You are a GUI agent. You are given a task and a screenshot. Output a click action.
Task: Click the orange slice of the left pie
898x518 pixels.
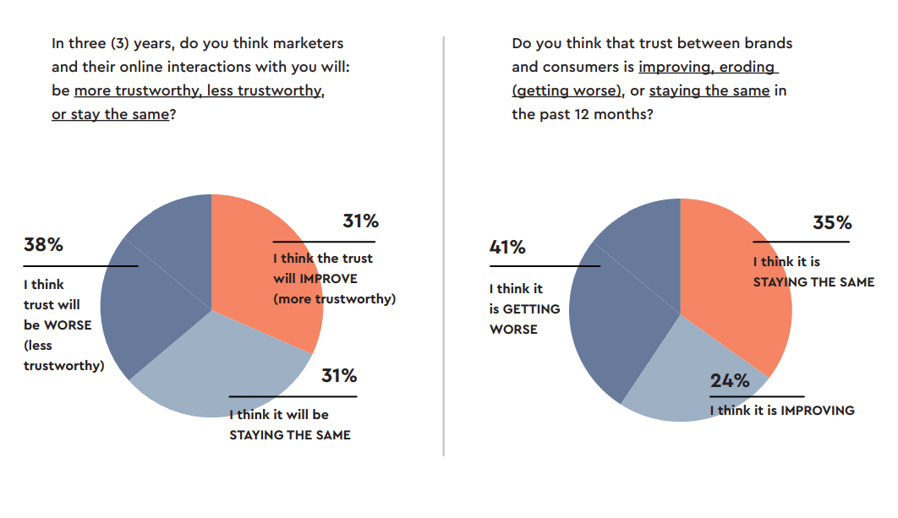pos(254,245)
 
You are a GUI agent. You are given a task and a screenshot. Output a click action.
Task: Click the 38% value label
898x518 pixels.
pos(43,245)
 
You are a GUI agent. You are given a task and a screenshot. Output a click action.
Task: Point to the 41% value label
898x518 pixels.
pos(507,248)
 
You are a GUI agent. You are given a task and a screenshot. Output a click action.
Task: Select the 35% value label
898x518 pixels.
pos(832,223)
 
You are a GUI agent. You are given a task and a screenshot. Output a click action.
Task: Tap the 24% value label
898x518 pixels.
pos(730,381)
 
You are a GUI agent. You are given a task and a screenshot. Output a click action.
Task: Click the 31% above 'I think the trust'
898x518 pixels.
pos(360,221)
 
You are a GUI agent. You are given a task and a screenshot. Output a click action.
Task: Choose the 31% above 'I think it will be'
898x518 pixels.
pos(339,376)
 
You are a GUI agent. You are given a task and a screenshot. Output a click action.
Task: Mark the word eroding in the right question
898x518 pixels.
pos(748,67)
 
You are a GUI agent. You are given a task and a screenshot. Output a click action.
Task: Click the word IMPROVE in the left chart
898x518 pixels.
pos(327,279)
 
